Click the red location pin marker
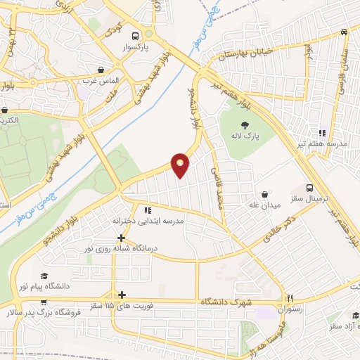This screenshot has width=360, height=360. tap(181, 165)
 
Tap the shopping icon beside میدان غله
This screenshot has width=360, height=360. tap(264, 193)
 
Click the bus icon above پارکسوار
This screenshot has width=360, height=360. tap(146, 35)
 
